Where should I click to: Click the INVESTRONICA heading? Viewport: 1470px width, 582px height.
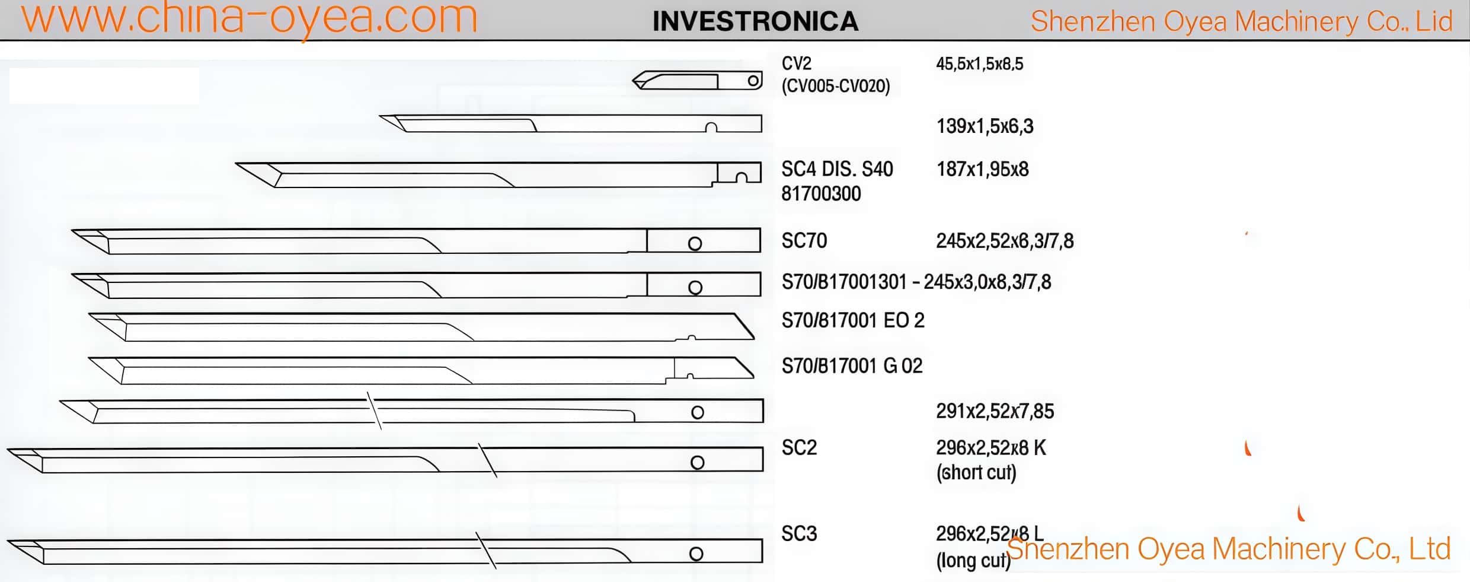pos(755,22)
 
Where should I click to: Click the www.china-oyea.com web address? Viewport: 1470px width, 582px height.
pos(249,18)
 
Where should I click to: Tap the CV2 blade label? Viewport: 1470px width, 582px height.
pos(797,63)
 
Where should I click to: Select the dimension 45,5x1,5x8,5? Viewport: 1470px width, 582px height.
pos(979,64)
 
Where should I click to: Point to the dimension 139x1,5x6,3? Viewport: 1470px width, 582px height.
pos(985,126)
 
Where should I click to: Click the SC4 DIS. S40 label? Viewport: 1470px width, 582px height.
pos(837,170)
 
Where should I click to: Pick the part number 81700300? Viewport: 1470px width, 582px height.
pos(821,194)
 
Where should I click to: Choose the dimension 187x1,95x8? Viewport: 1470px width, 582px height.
pos(982,170)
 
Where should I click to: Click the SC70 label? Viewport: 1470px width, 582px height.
pos(804,241)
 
